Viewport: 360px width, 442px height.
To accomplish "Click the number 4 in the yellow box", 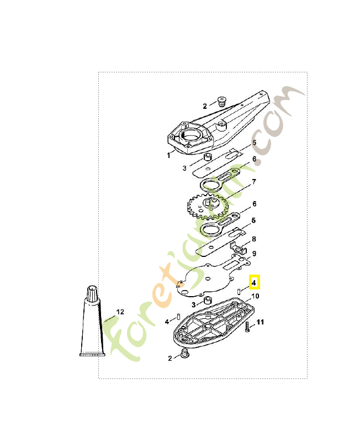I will click(254, 282).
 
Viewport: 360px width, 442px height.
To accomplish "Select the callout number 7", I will click(254, 181).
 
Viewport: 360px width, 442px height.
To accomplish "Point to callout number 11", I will click(261, 322).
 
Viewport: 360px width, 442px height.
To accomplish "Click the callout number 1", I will click(168, 156).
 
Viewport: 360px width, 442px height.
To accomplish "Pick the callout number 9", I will click(254, 254).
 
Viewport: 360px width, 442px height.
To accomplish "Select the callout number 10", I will click(255, 296).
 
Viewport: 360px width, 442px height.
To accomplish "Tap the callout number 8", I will click(254, 239).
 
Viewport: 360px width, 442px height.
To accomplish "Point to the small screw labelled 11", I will click(247, 327).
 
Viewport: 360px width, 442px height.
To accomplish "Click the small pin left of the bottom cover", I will click(178, 318).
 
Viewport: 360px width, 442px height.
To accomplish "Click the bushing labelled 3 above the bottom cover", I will click(208, 300).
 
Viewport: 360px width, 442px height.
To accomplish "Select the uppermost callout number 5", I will click(255, 143).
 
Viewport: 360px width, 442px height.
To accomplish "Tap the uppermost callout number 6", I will click(255, 159).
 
